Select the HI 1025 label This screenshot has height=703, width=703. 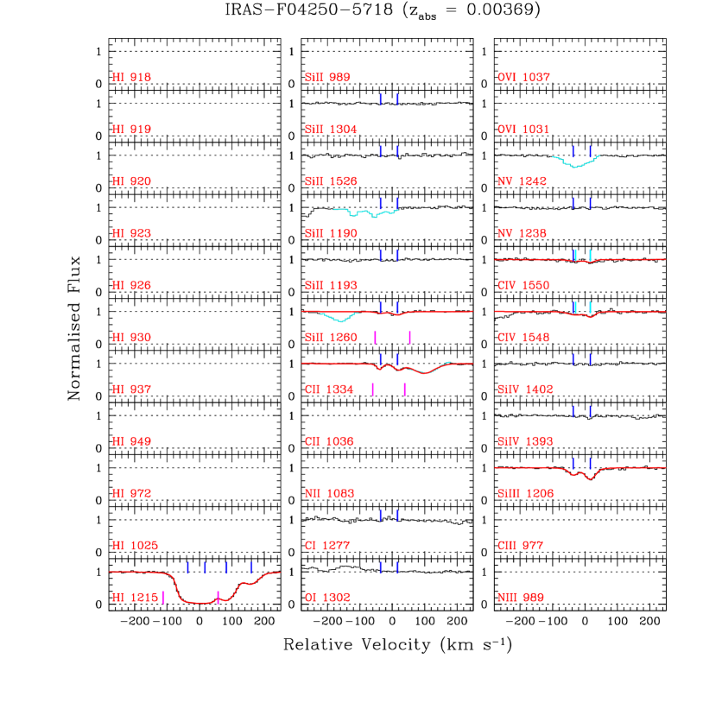[135, 546]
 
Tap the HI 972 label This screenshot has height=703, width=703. [131, 494]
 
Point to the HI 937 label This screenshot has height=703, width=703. [131, 389]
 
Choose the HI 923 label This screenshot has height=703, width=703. [131, 234]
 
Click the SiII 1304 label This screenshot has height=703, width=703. [331, 130]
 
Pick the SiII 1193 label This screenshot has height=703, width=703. [331, 286]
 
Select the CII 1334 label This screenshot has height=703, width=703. [329, 389]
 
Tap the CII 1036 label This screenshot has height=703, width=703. [329, 441]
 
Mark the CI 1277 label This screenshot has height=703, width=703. [327, 546]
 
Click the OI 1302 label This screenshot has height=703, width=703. [327, 598]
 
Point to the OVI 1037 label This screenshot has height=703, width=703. [523, 78]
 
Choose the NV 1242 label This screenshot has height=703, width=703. [522, 181]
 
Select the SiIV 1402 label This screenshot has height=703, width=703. [525, 389]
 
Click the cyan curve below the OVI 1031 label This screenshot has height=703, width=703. [577, 164]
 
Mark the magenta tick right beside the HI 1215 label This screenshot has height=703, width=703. [163, 598]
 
